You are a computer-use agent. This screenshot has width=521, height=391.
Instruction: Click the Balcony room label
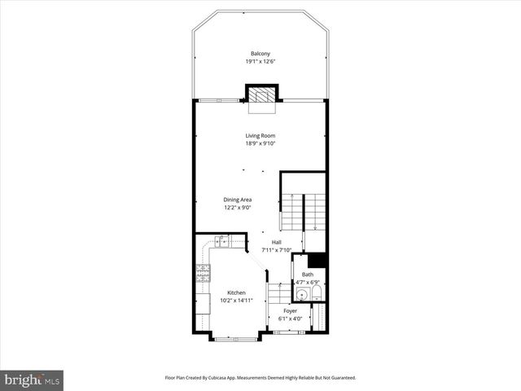260,54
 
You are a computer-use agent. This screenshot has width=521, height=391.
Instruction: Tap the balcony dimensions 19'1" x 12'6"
260,62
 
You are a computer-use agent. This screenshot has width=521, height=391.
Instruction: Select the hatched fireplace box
260,94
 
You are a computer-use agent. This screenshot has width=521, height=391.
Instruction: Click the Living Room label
260,135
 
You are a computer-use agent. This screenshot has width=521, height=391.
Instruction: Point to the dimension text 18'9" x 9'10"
260,143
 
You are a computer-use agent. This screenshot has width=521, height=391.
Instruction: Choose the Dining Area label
238,200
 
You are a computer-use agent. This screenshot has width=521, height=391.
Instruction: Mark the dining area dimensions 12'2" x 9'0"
238,208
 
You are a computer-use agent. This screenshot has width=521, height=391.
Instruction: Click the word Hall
277,242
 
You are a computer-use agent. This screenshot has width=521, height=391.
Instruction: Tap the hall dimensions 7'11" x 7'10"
277,250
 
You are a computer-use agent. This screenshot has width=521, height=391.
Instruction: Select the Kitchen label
236,292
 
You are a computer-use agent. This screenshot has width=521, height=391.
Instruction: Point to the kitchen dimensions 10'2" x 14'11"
236,301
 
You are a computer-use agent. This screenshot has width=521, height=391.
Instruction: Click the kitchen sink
224,240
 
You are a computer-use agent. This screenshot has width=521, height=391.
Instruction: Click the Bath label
307,275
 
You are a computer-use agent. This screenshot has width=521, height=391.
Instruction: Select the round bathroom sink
302,295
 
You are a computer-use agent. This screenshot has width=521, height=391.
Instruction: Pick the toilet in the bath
317,293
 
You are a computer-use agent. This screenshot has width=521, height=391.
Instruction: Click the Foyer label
290,310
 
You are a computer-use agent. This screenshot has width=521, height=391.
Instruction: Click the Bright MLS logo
33,380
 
